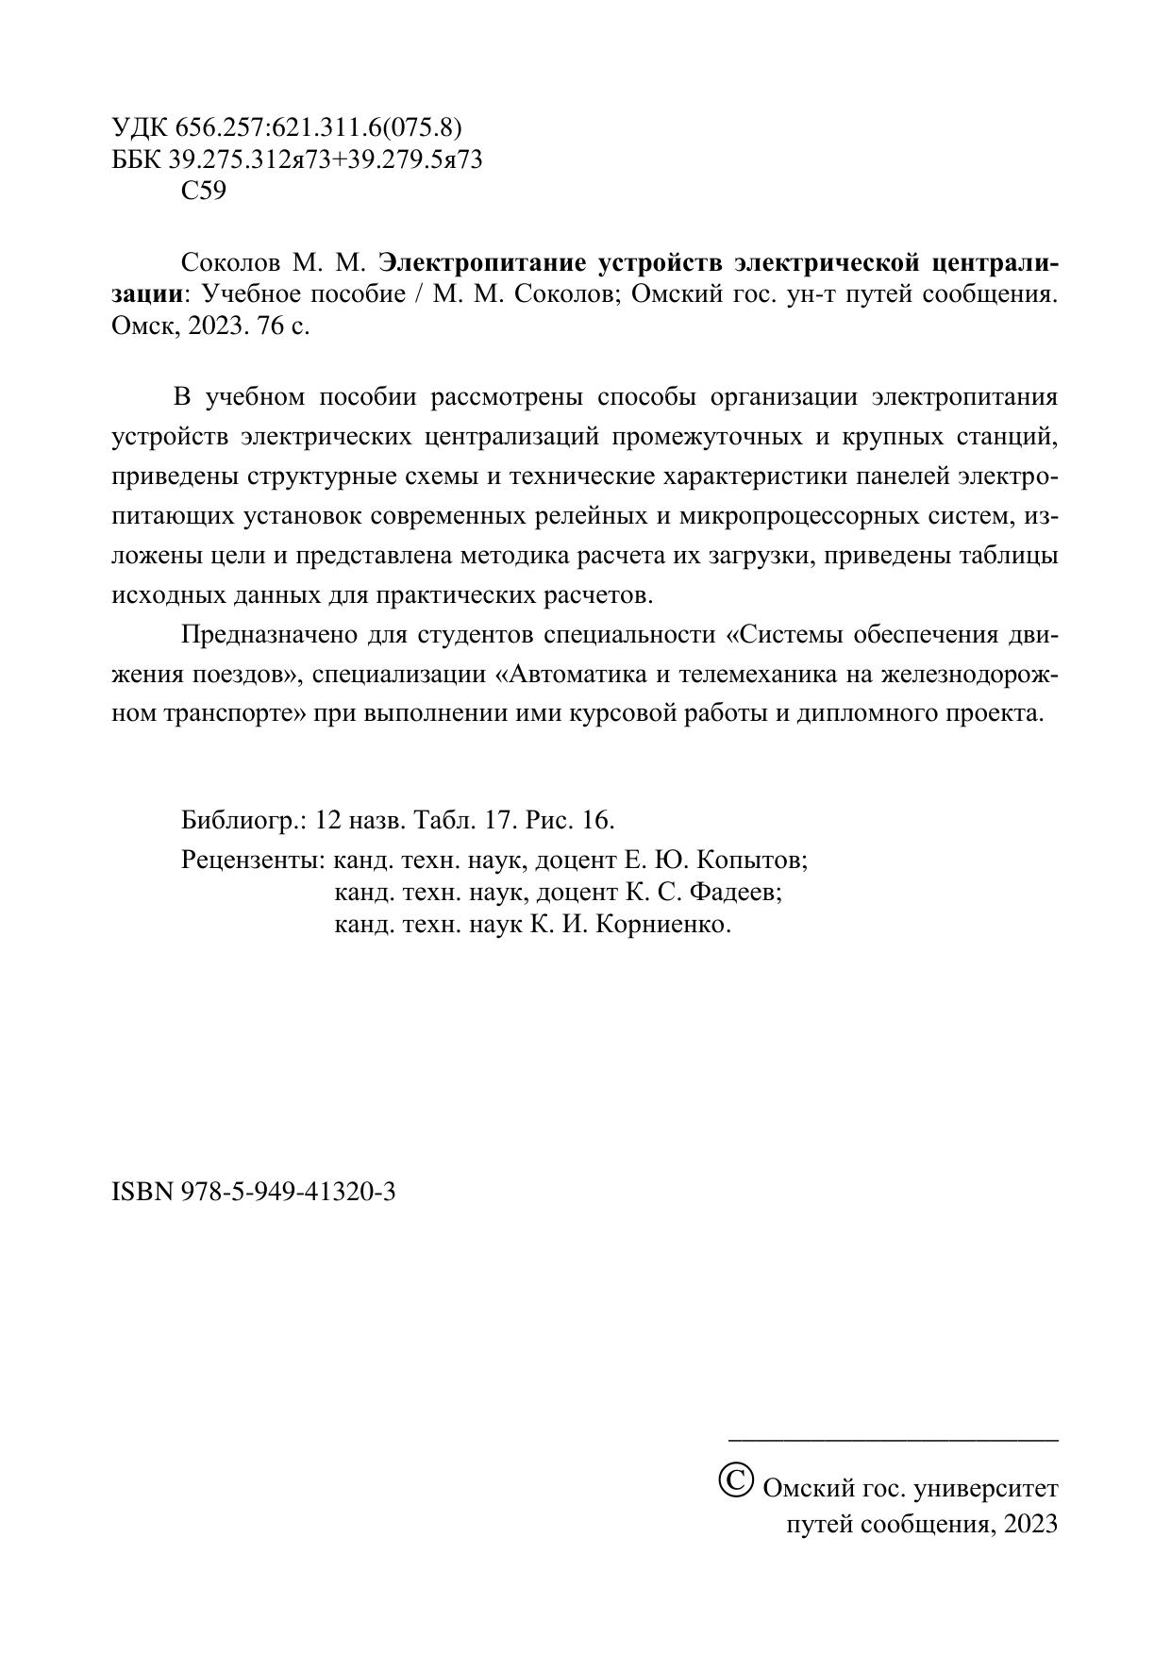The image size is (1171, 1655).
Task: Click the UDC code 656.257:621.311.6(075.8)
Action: click(318, 127)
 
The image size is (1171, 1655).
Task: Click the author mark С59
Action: click(203, 192)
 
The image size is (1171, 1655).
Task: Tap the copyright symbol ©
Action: click(735, 1479)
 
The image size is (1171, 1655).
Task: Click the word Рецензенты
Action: click(253, 861)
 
